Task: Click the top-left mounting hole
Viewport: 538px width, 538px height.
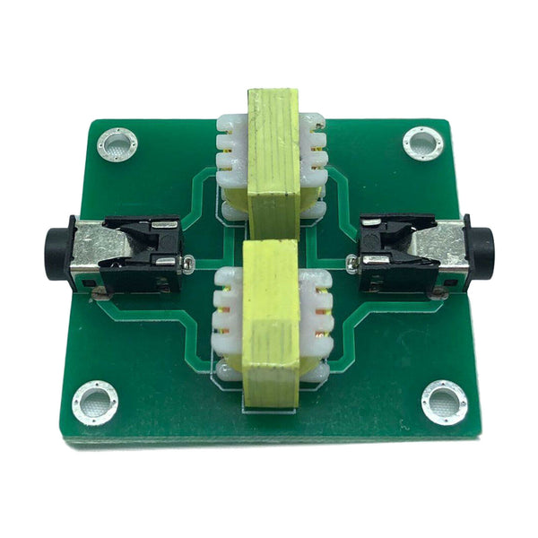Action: point(117,143)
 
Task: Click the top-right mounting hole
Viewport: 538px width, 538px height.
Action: point(421,142)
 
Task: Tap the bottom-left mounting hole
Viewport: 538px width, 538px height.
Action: point(94,401)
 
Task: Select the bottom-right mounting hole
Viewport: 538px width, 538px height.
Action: point(444,401)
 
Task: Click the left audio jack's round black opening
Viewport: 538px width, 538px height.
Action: point(56,254)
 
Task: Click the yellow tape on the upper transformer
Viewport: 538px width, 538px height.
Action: point(273,157)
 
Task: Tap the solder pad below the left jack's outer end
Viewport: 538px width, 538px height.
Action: point(97,293)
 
